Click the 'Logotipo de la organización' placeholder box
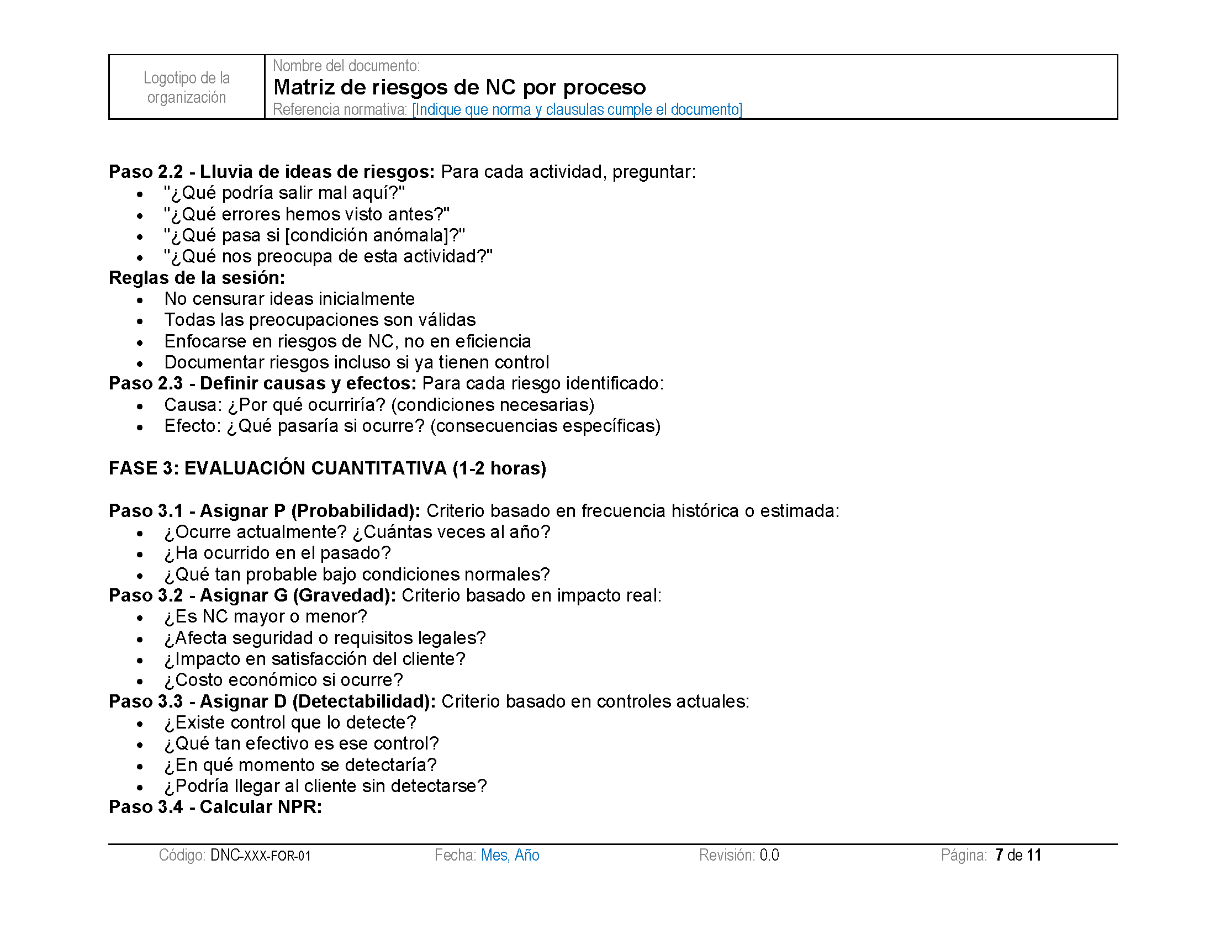186,87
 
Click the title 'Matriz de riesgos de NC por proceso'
459,87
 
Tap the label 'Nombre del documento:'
346,66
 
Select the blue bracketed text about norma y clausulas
577,109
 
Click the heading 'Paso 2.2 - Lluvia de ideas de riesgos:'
272,172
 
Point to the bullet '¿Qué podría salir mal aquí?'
284,193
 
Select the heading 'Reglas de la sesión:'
197,278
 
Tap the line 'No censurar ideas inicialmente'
289,299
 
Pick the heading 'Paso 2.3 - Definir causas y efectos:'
262,383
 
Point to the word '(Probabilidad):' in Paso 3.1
356,511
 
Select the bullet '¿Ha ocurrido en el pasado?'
278,553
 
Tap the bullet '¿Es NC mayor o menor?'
266,616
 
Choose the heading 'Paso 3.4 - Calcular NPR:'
215,807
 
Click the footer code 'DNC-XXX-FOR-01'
260,855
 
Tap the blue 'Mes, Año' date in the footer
510,855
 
